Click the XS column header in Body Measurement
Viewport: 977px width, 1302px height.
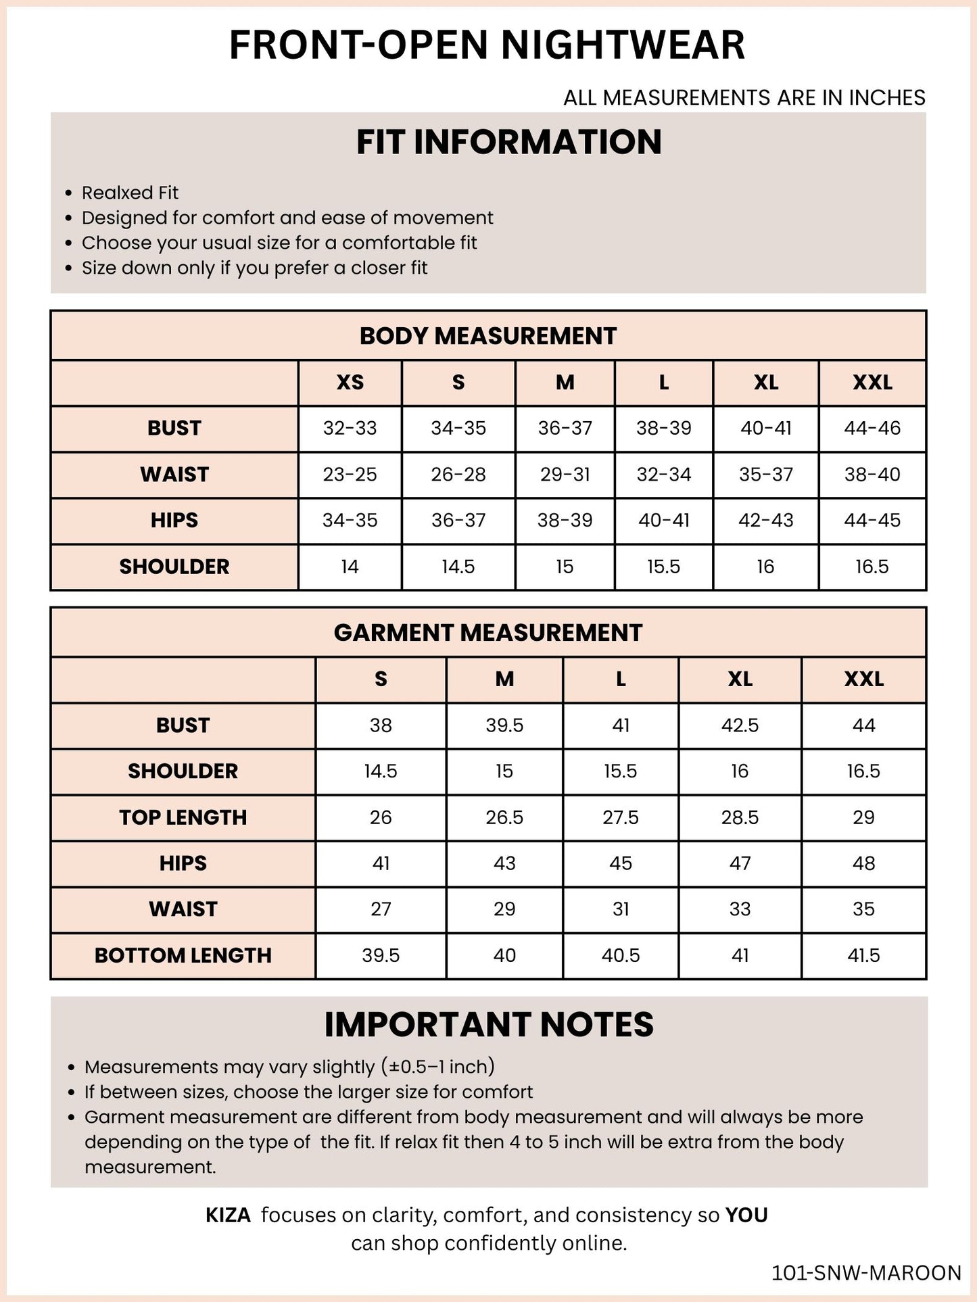pos(350,383)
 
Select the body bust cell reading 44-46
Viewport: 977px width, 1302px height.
pos(872,428)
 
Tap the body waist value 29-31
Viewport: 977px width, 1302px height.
pos(565,475)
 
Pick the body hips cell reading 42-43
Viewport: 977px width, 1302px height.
pos(765,521)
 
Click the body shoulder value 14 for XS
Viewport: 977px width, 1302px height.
pos(350,566)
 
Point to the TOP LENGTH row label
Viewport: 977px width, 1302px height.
pos(183,817)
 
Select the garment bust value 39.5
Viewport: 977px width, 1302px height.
pos(504,725)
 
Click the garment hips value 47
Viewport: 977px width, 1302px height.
pos(740,863)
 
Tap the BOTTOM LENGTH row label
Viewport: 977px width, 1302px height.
pos(183,955)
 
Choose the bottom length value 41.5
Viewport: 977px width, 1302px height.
pos(863,955)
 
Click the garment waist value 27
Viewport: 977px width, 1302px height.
pos(381,909)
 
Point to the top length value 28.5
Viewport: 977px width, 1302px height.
pos(740,817)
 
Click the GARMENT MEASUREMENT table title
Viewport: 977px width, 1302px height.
pos(487,633)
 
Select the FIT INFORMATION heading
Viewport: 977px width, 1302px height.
pos(508,143)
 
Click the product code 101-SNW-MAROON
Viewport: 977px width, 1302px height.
pos(866,1273)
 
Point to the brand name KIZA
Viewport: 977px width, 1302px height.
pos(228,1215)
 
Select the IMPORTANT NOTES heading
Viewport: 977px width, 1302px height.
pos(489,1025)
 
